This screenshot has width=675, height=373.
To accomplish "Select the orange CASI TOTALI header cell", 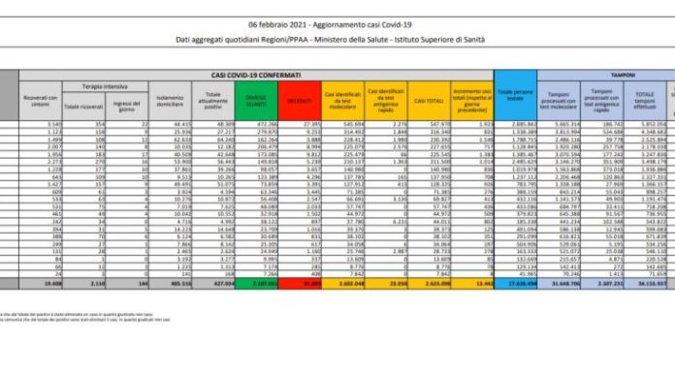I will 426,101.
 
